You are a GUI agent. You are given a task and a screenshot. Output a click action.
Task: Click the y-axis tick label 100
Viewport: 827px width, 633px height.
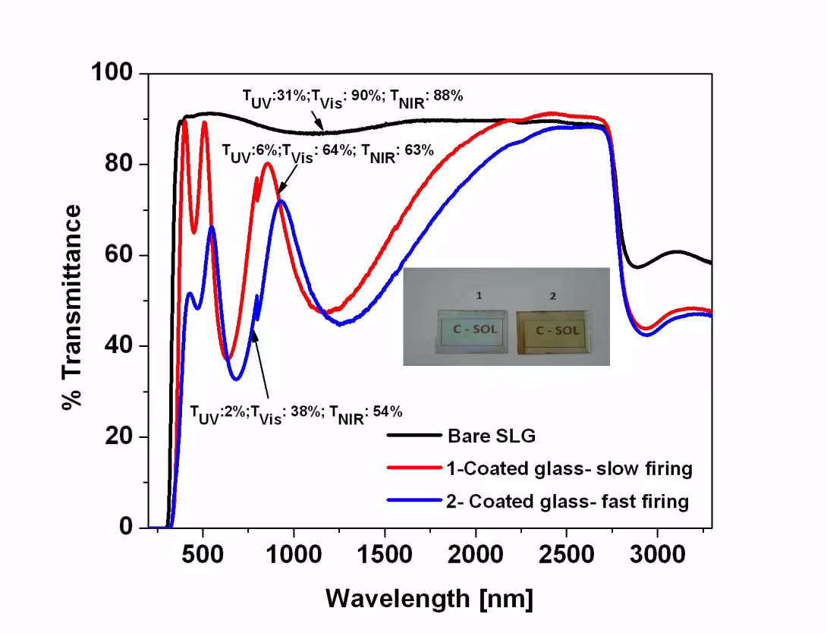click(112, 74)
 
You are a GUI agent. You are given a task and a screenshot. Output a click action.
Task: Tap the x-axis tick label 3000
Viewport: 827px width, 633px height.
click(657, 554)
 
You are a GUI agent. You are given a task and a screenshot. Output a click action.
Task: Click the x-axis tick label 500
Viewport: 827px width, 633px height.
click(203, 554)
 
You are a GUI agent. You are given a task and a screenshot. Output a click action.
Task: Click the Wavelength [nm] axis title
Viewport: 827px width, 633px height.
click(429, 598)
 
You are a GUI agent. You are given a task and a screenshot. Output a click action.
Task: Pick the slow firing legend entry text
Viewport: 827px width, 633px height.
click(569, 469)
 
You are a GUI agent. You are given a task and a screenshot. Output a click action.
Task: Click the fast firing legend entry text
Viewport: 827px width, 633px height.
click(568, 502)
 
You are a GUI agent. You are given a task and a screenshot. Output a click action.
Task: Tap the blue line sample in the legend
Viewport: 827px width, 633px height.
click(414, 501)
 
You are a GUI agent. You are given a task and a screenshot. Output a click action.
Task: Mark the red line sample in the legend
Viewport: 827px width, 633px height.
click(414, 468)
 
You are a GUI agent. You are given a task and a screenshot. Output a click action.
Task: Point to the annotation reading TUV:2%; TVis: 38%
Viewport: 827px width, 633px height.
click(296, 414)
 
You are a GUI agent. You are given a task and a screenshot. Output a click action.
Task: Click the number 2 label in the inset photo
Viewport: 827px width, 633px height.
click(553, 296)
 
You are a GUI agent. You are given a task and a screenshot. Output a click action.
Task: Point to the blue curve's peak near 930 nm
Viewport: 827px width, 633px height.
click(281, 201)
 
